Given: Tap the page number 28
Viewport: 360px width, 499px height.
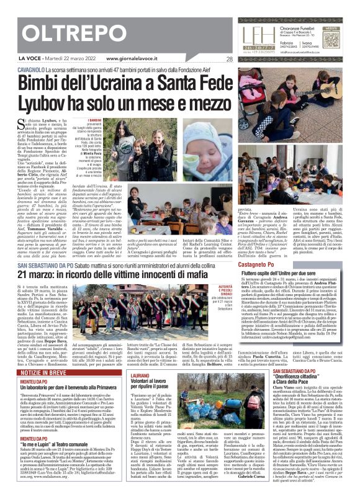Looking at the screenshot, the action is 230,60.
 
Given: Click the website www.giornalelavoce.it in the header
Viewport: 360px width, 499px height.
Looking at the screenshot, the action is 133,60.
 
